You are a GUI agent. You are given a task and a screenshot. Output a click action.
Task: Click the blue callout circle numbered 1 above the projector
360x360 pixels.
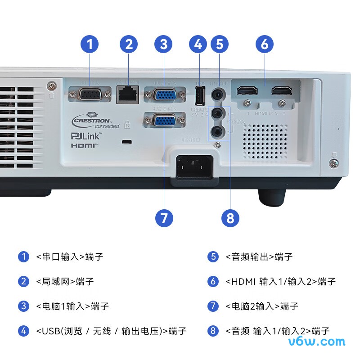pos(90,44)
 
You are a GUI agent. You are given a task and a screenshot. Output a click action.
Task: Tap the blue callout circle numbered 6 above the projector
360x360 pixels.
pos(264,44)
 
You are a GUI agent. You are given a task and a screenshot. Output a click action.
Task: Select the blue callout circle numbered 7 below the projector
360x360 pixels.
pos(164,218)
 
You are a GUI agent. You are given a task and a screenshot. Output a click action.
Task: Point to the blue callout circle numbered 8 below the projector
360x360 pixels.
pos(230,218)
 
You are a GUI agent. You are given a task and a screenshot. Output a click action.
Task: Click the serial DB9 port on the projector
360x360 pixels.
pos(90,95)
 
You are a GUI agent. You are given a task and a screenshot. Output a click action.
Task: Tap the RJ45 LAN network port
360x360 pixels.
pos(127,95)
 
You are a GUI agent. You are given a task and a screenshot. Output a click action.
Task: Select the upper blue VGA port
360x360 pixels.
pos(165,95)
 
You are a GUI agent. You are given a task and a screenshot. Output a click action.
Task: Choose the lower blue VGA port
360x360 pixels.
pos(165,121)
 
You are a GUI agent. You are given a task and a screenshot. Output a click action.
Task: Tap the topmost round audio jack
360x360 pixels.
pos(218,94)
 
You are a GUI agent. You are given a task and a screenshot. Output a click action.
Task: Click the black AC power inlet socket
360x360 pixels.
pos(193,167)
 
